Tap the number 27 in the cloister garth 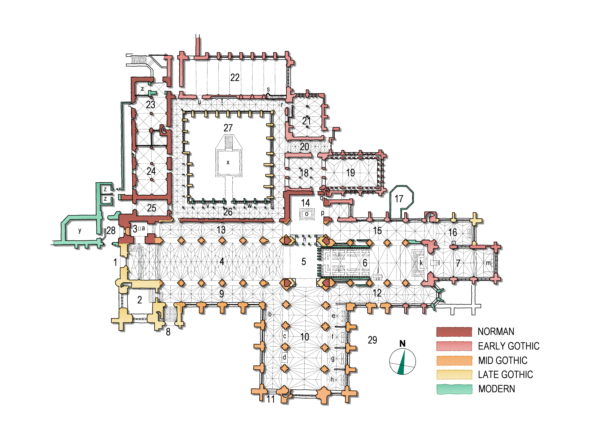pos(228,128)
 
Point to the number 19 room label pos(350,173)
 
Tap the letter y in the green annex pos(80,230)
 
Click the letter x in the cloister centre pos(228,162)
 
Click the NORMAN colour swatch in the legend pos(454,332)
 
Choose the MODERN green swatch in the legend pos(454,389)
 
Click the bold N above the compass pos(402,344)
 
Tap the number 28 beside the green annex pos(111,230)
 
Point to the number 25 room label pos(151,208)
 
